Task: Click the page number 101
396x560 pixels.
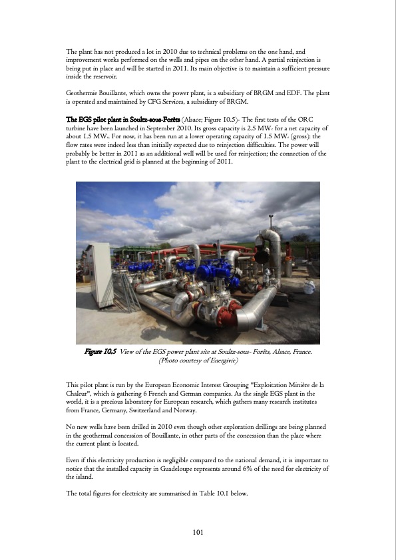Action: (x=198, y=531)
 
